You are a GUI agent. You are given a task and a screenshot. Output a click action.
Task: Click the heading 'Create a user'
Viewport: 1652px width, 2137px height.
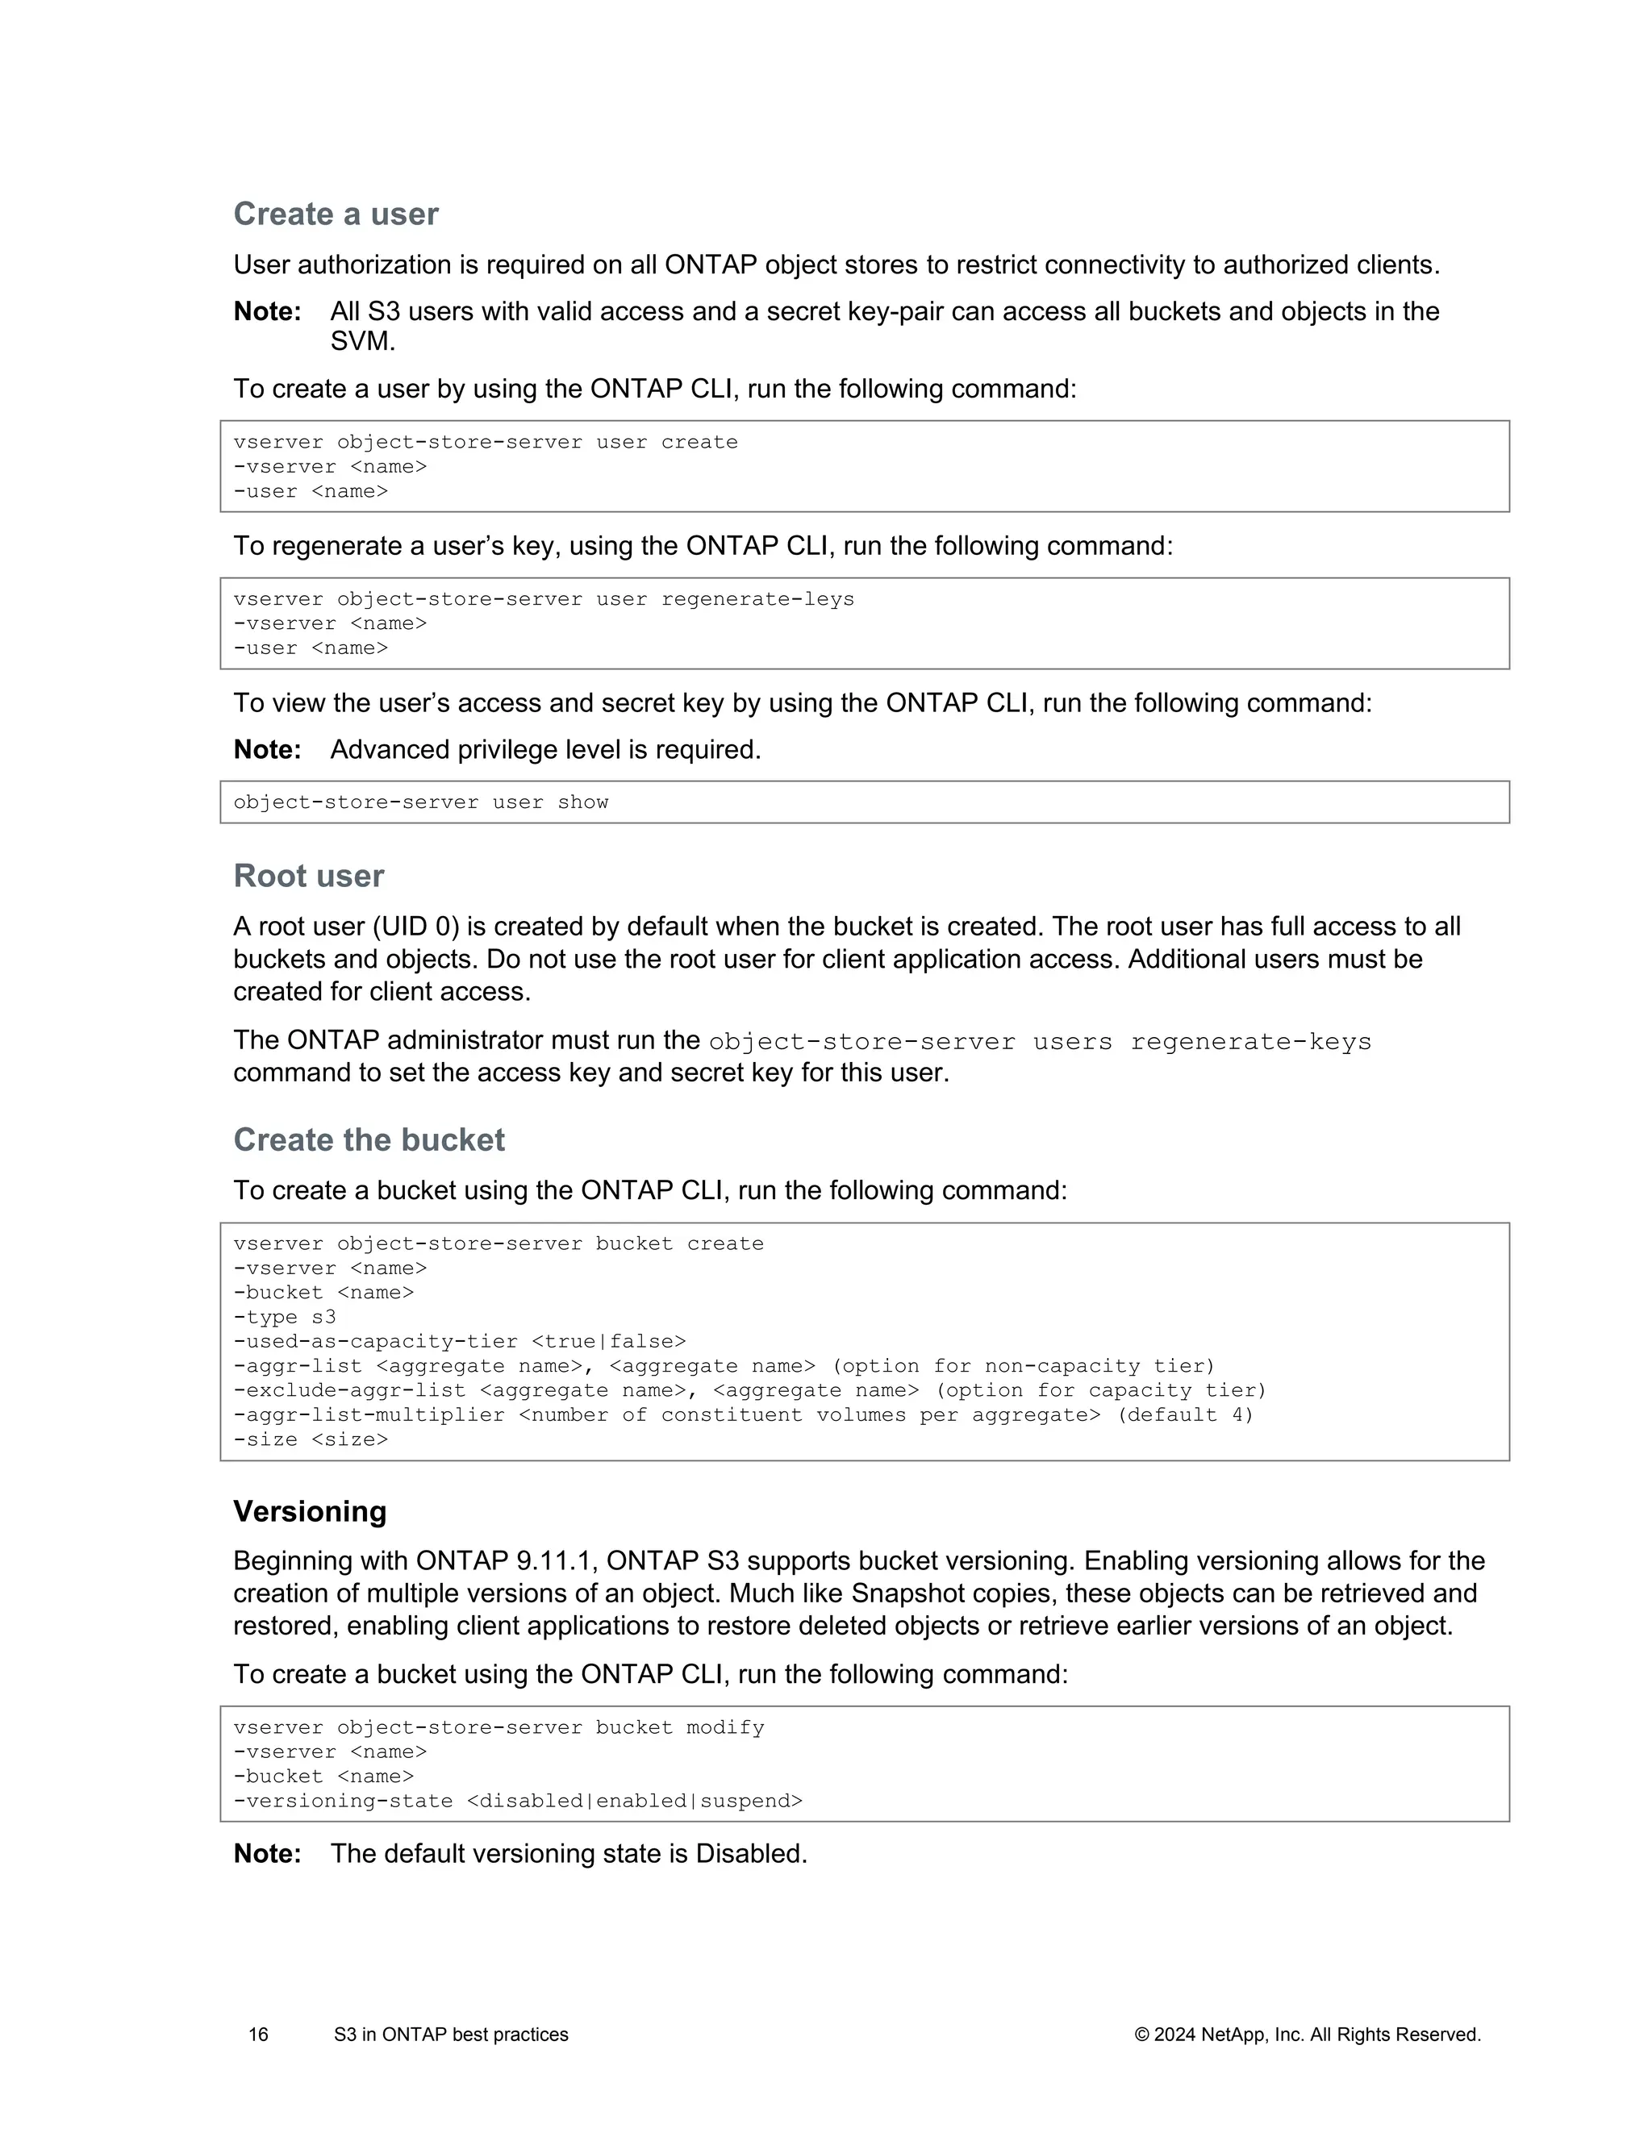[x=336, y=215]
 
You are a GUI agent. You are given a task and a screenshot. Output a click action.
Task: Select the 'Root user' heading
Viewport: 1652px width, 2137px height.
[x=308, y=876]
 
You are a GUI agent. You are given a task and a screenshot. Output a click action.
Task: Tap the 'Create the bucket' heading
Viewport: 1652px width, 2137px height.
[x=369, y=1140]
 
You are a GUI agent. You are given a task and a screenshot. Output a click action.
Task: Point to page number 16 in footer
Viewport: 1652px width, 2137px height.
[x=258, y=2035]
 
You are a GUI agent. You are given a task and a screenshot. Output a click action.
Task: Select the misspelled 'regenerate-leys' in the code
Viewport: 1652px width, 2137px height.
[x=757, y=599]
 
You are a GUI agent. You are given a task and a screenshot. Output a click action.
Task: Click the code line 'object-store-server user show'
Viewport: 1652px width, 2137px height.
[x=421, y=802]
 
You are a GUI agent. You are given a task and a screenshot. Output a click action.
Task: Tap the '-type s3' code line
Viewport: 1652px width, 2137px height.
[x=285, y=1317]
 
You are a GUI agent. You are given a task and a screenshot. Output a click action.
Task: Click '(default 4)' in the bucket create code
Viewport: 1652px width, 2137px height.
[x=1185, y=1415]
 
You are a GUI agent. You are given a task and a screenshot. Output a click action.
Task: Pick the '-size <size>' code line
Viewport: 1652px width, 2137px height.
[x=311, y=1439]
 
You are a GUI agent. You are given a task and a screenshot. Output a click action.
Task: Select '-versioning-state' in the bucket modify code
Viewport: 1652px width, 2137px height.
[x=344, y=1801]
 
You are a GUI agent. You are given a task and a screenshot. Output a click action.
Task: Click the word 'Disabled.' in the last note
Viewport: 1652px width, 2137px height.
[x=751, y=1853]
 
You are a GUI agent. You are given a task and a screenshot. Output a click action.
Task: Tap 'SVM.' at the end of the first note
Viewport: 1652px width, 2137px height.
[x=362, y=341]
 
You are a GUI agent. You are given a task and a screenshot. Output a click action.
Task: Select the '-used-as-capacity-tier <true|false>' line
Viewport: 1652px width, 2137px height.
[x=460, y=1342]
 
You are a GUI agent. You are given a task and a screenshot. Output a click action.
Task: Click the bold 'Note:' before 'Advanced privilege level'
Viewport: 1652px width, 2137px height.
[x=267, y=749]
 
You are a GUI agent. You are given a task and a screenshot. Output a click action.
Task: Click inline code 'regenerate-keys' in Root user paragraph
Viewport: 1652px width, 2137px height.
[x=1249, y=1042]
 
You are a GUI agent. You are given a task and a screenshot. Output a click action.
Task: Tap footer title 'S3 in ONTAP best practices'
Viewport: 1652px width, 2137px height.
[x=450, y=2035]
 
